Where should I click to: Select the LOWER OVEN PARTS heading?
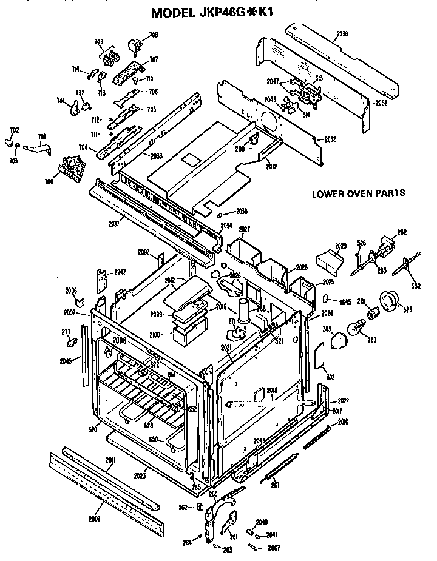[x=358, y=194]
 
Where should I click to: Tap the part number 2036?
[x=342, y=34]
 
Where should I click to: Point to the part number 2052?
[x=381, y=103]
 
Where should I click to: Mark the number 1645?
[x=345, y=301]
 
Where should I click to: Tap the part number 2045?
[x=66, y=361]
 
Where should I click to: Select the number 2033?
[x=156, y=156]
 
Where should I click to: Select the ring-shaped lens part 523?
[x=388, y=300]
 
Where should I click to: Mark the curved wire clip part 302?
[x=320, y=358]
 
